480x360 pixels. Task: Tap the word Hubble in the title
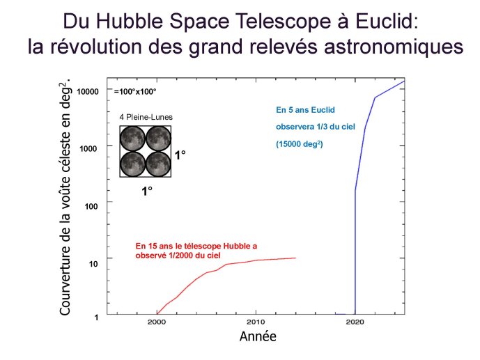pos(131,22)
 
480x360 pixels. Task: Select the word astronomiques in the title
pos(394,47)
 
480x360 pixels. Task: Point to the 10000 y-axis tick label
pos(88,91)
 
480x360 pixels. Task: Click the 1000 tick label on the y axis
pos(88,149)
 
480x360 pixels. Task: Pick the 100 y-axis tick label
pos(91,206)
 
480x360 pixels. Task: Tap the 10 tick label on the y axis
pos(93,264)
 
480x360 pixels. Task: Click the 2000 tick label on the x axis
pos(157,322)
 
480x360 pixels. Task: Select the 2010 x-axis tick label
pos(256,322)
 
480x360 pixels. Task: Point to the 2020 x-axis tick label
pos(355,322)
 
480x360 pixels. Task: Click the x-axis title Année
pos(258,336)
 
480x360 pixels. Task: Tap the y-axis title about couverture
pos(65,196)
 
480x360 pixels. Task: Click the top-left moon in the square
pos(132,139)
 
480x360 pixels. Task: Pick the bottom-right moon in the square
pos(158,164)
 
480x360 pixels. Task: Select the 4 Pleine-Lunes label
pos(146,117)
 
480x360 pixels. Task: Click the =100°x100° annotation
pos(135,91)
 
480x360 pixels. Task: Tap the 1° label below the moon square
pos(147,191)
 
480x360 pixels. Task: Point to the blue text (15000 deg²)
pos(300,143)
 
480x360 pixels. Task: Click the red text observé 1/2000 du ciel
pos(178,255)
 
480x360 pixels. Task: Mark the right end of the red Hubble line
pos(295,258)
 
